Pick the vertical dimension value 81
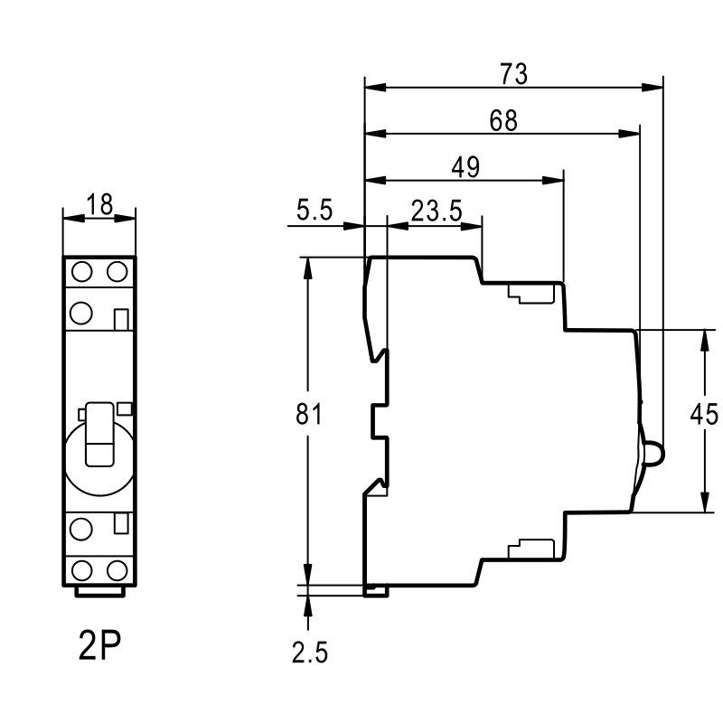(x=310, y=415)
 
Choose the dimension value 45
(x=705, y=415)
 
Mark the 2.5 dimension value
(x=310, y=653)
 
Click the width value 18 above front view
(x=99, y=204)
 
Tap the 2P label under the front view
(x=99, y=646)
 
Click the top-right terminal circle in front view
(x=116, y=272)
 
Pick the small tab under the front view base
(x=99, y=592)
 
